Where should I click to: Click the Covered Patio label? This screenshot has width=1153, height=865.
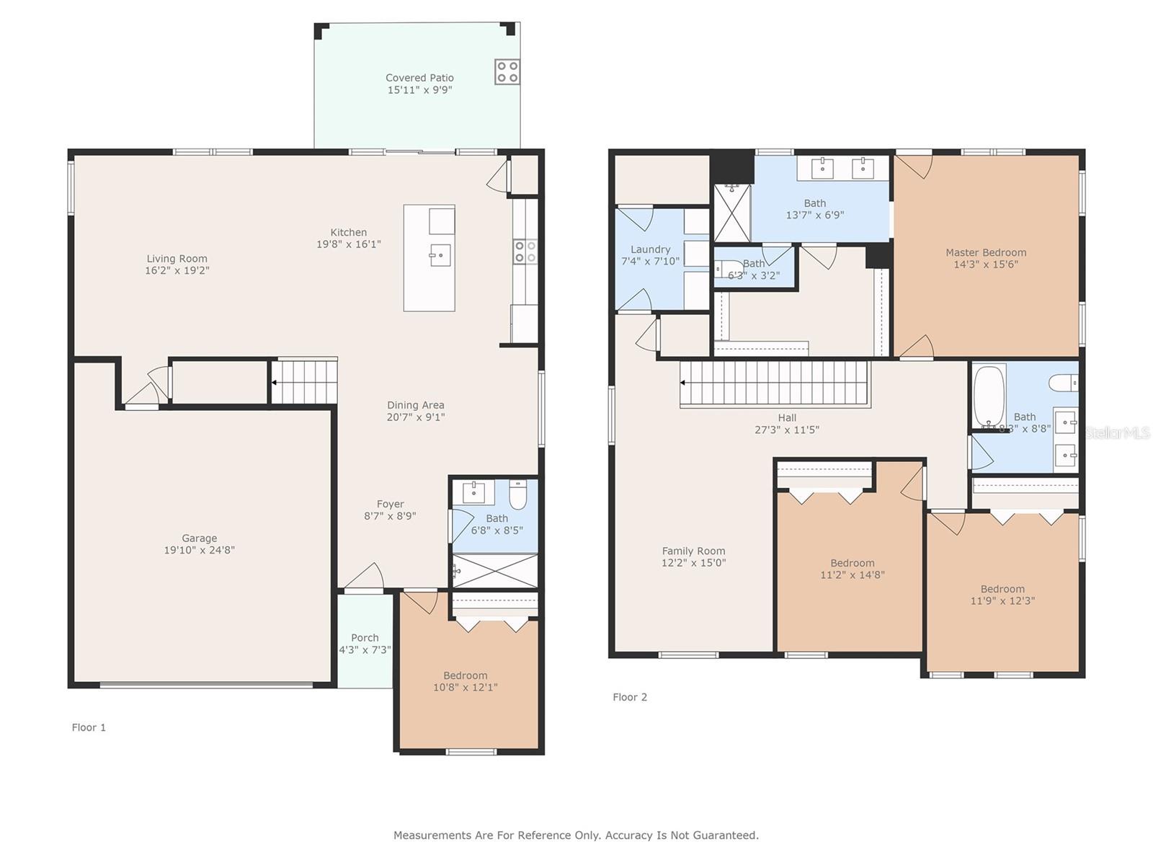[419, 78]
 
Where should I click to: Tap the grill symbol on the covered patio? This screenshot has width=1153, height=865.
[507, 72]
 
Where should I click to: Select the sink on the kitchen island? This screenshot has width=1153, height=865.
[440, 255]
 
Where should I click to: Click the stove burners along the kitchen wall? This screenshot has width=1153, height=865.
[525, 251]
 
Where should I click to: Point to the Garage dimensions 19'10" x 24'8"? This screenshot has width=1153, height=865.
[199, 550]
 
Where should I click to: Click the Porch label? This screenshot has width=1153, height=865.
[365, 638]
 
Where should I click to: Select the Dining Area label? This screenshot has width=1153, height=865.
[416, 405]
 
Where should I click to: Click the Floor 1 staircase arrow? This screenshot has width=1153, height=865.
[275, 382]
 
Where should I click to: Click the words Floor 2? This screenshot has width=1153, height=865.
[630, 697]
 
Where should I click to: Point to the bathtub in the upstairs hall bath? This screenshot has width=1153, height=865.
[989, 397]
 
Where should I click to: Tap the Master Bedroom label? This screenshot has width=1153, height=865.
[986, 252]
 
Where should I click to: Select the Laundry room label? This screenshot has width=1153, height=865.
[650, 249]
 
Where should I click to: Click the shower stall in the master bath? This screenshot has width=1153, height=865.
[731, 213]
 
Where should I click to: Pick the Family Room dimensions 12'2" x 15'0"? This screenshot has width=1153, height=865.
[693, 562]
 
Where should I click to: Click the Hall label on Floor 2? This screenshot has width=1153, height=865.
[787, 417]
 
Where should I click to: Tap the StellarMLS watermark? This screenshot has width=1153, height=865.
[1117, 432]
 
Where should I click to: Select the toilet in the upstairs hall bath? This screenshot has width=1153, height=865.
[1063, 382]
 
